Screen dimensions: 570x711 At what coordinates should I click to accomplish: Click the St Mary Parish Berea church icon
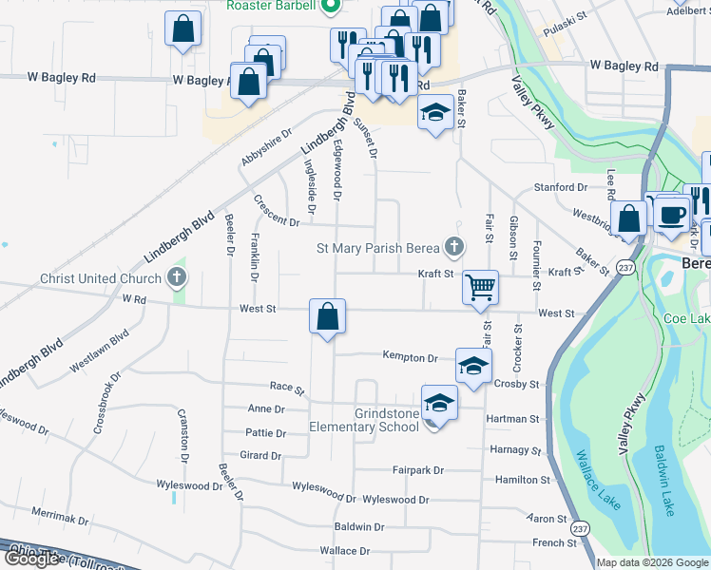pos(454,248)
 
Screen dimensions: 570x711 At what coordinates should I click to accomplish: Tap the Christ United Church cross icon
pos(176,279)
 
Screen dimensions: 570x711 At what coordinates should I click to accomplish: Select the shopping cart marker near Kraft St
pos(481,286)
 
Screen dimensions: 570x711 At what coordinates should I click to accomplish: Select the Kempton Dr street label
pos(410,358)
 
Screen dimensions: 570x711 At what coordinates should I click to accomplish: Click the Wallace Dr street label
pos(344,551)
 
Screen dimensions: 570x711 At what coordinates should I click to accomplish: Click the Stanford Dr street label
pos(561,188)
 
